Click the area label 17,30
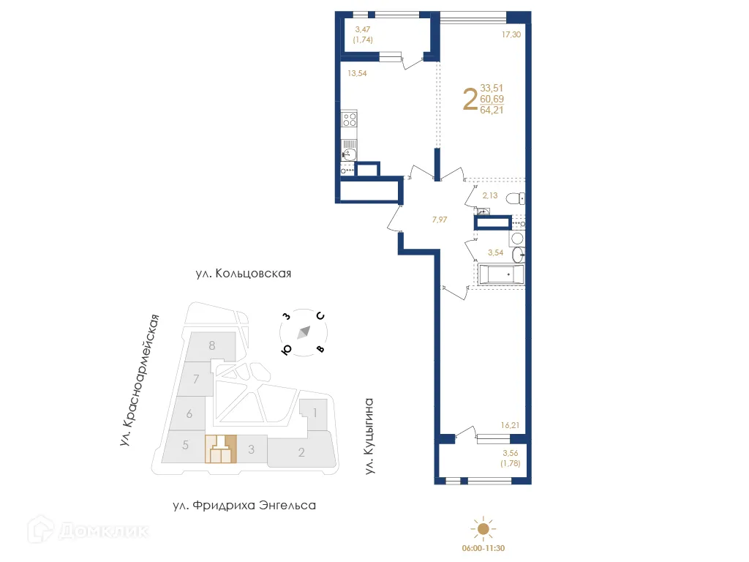point(511,33)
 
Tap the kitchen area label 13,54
point(357,73)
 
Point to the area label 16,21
point(511,424)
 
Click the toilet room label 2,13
point(490,195)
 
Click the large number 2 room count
point(471,100)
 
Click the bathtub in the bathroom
point(502,275)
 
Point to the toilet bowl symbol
point(516,198)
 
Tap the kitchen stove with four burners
point(350,119)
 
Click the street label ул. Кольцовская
point(244,274)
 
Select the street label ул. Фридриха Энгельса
point(244,506)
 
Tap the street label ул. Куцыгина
point(370,436)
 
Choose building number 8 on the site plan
point(211,345)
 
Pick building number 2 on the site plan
point(301,452)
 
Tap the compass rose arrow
point(303,332)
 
